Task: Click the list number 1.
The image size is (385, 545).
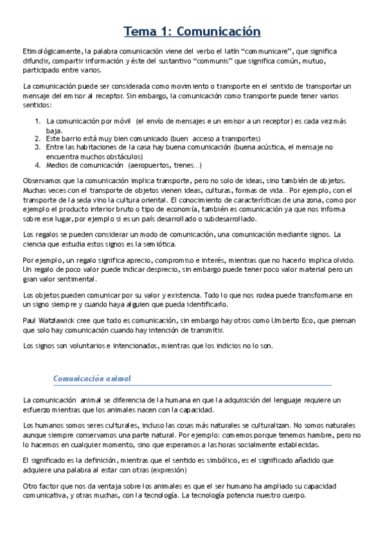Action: [38, 120]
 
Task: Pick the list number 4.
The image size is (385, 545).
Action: [38, 165]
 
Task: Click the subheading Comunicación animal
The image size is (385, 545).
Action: [92, 378]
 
